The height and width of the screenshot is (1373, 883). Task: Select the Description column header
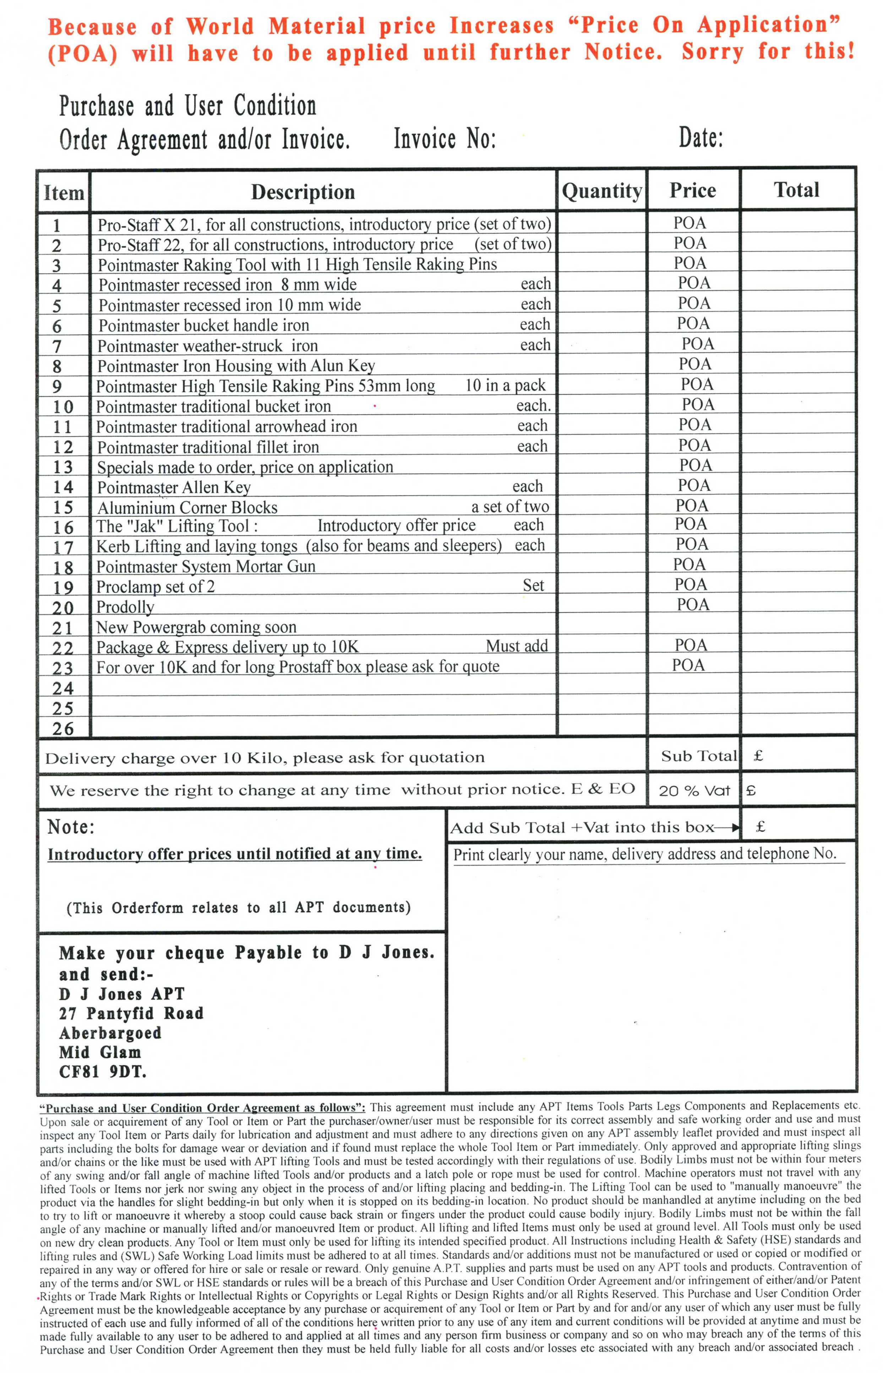click(x=303, y=192)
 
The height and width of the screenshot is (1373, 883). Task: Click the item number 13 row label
click(x=63, y=467)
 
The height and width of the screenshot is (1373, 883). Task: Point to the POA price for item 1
click(x=690, y=223)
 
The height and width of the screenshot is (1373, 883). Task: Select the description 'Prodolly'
click(x=125, y=607)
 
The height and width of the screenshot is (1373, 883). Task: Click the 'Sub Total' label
click(x=698, y=756)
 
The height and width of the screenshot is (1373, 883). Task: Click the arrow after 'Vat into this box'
click(x=728, y=827)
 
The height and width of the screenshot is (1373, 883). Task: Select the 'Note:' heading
click(x=71, y=827)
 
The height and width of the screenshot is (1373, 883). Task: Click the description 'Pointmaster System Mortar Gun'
click(x=206, y=566)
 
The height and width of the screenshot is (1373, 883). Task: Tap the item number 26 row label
click(x=63, y=729)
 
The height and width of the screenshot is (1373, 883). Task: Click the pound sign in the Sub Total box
click(x=758, y=756)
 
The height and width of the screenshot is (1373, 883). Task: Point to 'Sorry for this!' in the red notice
click(x=768, y=52)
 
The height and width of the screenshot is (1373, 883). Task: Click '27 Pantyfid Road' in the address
click(x=131, y=1013)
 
